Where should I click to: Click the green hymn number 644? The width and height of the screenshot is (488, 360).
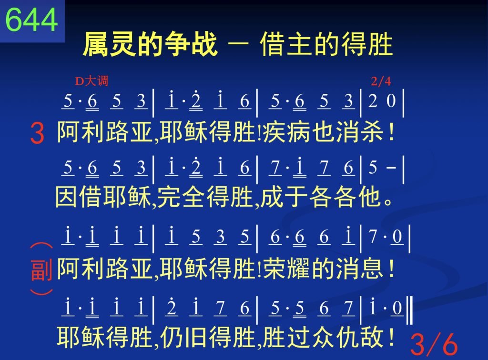pyautogui.click(x=32, y=19)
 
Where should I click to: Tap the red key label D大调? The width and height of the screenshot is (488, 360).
pyautogui.click(x=91, y=81)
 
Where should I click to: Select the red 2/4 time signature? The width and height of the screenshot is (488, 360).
pyautogui.click(x=381, y=81)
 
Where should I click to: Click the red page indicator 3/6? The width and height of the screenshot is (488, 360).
pyautogui.click(x=434, y=344)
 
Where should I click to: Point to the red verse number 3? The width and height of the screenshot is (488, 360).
pyautogui.click(x=37, y=133)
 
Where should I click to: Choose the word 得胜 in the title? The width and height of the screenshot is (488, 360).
pyautogui.click(x=366, y=45)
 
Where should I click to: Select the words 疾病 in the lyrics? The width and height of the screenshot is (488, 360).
pyautogui.click(x=286, y=132)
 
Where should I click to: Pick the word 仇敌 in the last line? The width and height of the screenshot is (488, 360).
pyautogui.click(x=359, y=337)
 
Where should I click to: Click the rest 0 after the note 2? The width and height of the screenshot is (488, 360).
pyautogui.click(x=391, y=101)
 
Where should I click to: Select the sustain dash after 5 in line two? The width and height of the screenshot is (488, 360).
pyautogui.click(x=391, y=168)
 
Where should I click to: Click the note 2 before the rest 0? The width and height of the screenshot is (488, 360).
pyautogui.click(x=373, y=101)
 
